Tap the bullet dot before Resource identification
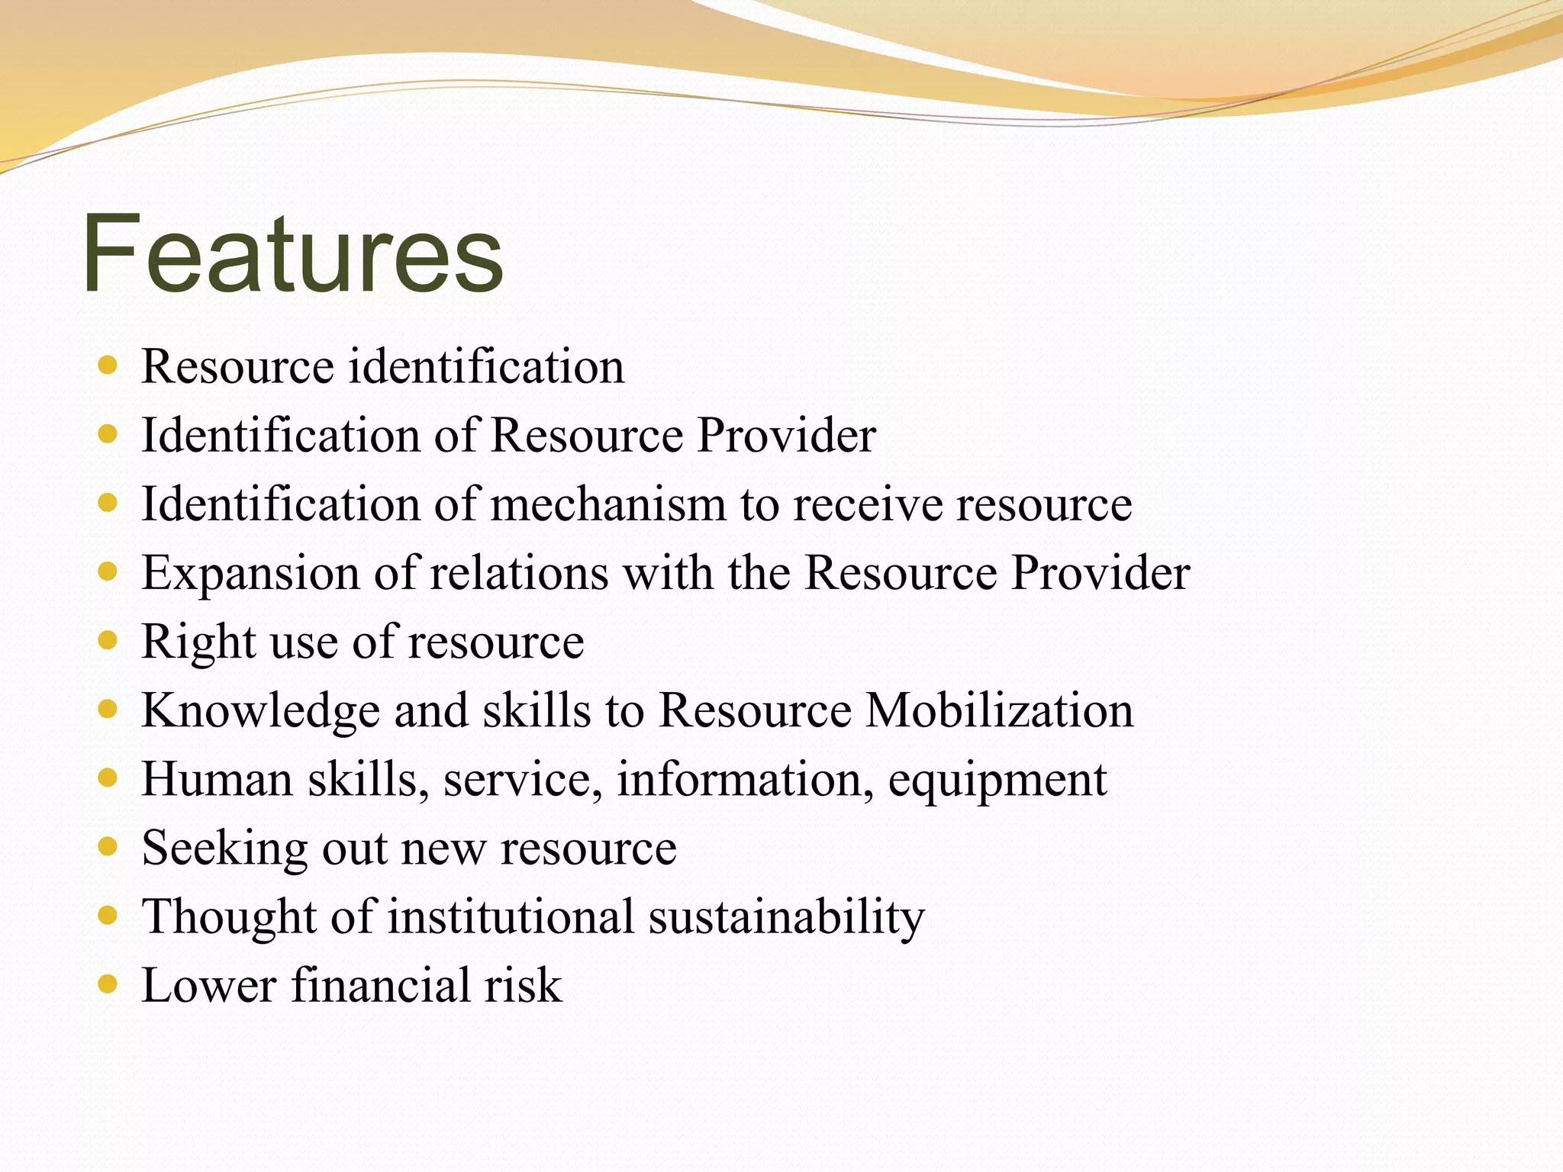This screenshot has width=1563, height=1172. coord(108,365)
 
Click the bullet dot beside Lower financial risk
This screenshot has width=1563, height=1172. coord(108,984)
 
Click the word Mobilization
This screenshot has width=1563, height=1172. coord(999,710)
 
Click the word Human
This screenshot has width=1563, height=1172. coord(217,779)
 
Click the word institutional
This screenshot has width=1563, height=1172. coord(511,916)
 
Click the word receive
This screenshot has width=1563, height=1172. coord(868,504)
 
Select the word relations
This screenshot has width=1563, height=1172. coord(519,573)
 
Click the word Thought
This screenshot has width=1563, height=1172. coord(229,916)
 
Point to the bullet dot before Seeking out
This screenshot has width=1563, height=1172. coord(108,846)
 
